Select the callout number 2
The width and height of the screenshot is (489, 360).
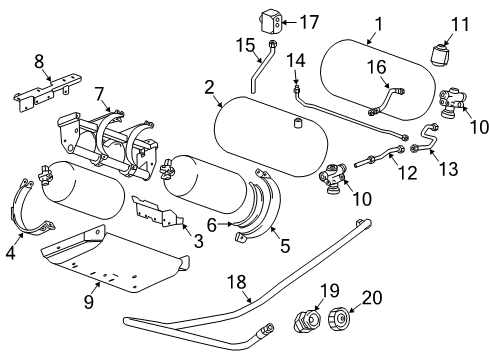(210, 87)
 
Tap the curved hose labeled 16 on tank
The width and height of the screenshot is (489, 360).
(385, 100)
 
